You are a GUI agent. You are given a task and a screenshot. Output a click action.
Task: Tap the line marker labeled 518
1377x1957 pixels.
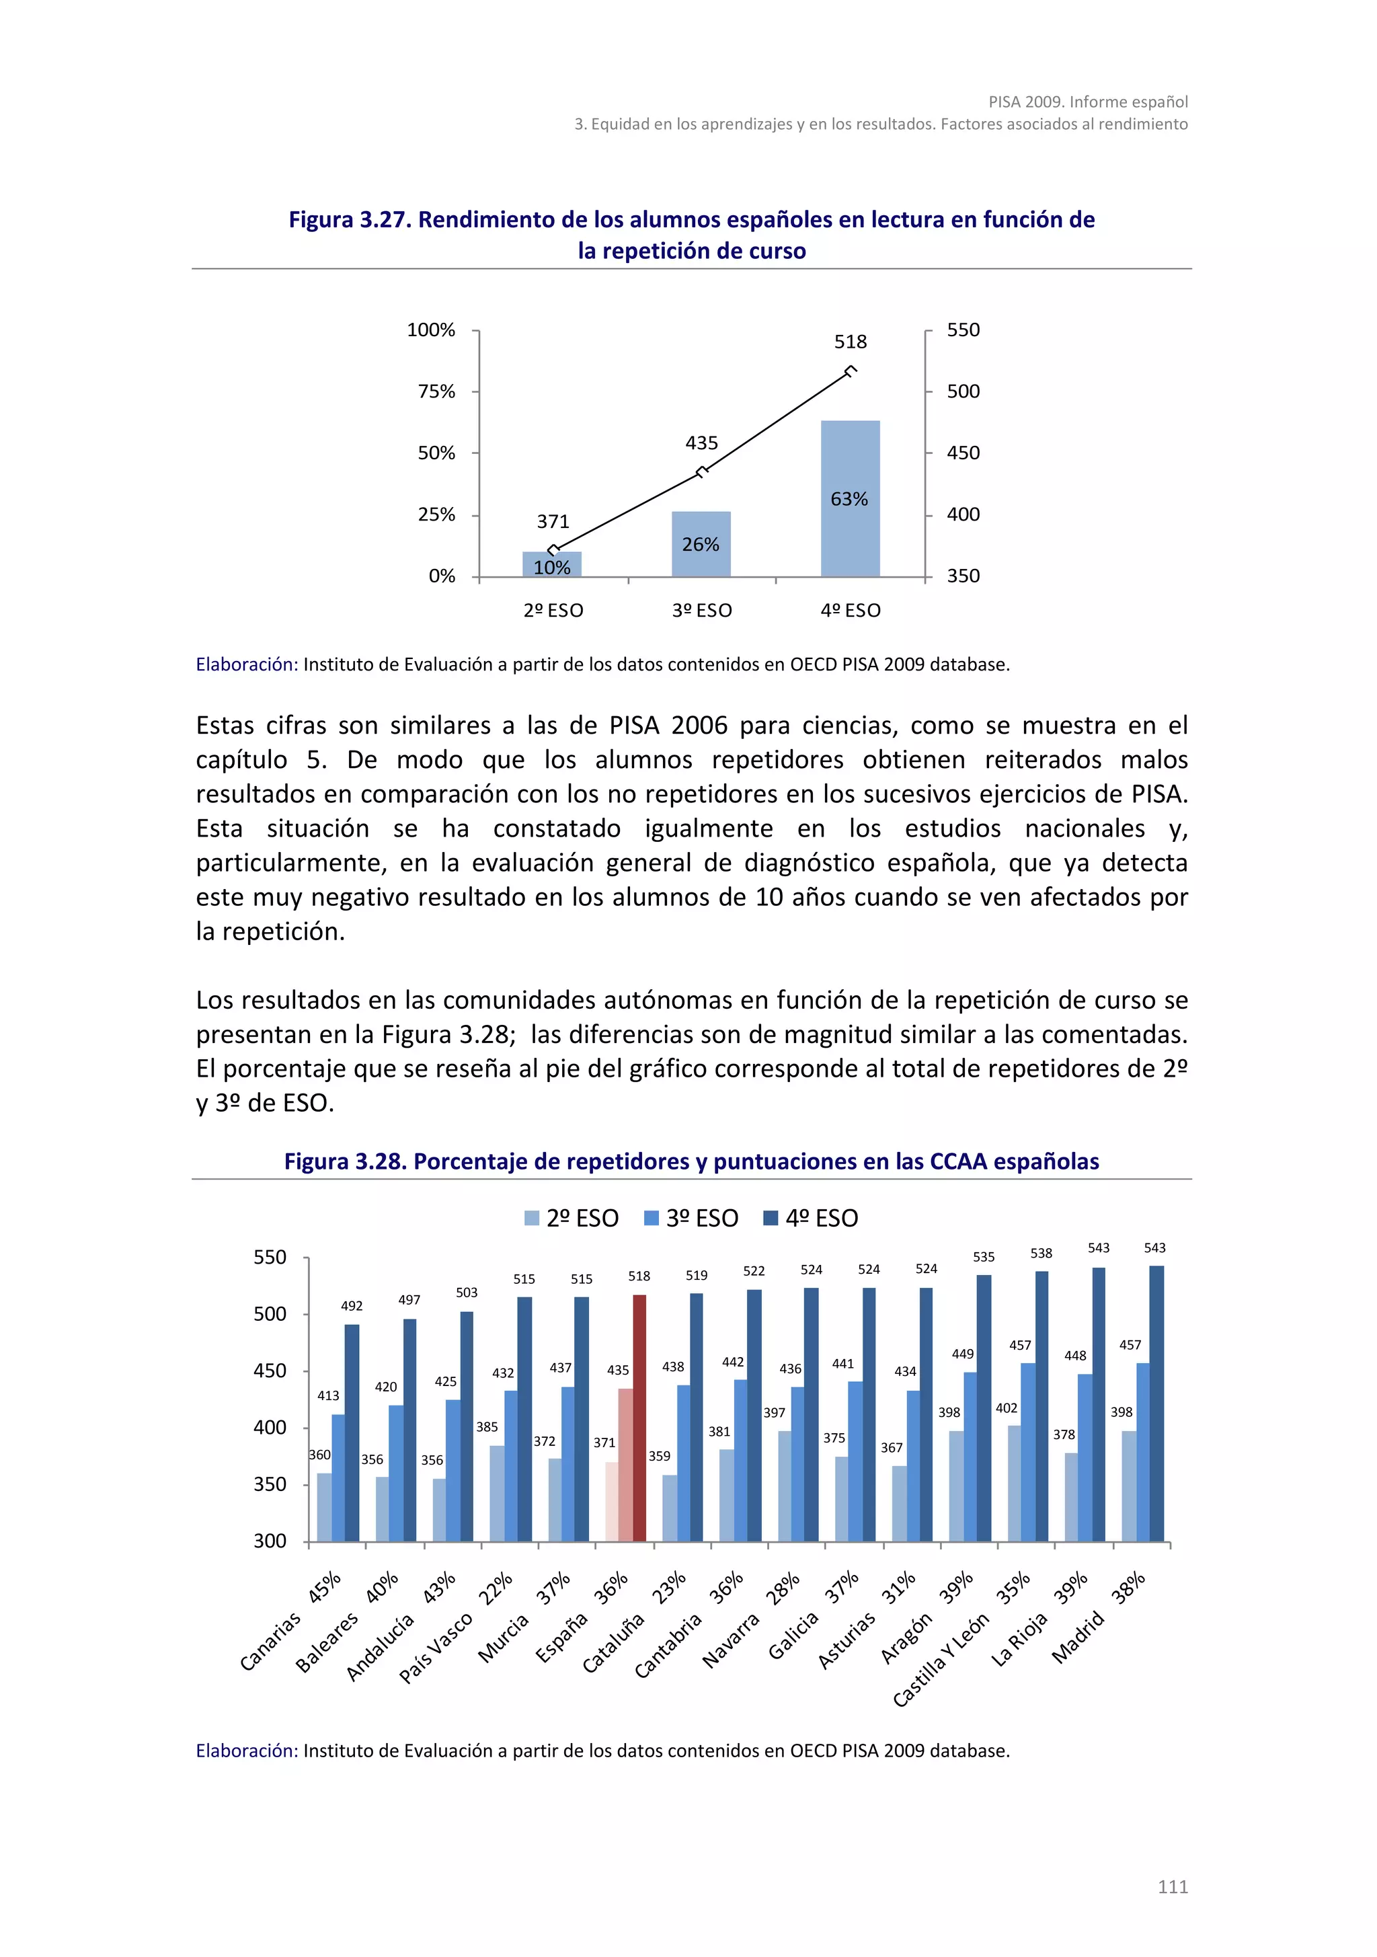click(850, 371)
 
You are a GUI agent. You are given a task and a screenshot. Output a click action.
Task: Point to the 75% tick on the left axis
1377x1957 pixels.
click(436, 391)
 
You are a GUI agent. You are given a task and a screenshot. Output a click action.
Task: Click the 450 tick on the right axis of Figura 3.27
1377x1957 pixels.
click(963, 453)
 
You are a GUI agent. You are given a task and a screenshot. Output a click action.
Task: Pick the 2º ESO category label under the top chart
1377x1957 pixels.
click(553, 610)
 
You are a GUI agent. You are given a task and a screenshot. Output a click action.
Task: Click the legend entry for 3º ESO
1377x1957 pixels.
click(691, 1218)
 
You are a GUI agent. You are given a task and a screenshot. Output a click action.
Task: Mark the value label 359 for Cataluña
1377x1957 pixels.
click(660, 1456)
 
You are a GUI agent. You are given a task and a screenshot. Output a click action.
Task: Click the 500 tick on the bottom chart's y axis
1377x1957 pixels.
click(270, 1313)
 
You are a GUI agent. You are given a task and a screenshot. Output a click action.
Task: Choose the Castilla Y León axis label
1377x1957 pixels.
click(941, 1658)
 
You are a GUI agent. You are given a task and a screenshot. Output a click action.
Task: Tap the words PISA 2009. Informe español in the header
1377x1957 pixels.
click(1087, 102)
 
